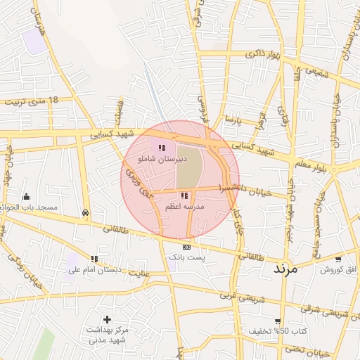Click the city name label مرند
tap(285, 269)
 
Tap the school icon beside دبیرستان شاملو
tap(162, 148)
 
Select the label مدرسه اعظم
tap(184, 207)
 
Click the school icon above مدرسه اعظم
tap(184, 195)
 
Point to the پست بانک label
tap(186, 258)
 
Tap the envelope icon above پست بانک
tap(186, 247)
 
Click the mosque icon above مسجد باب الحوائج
tap(27, 196)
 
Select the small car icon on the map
tap(85, 212)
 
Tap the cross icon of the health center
tap(107, 320)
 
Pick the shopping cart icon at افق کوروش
tap(338, 259)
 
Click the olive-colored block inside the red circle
tap(188, 166)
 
